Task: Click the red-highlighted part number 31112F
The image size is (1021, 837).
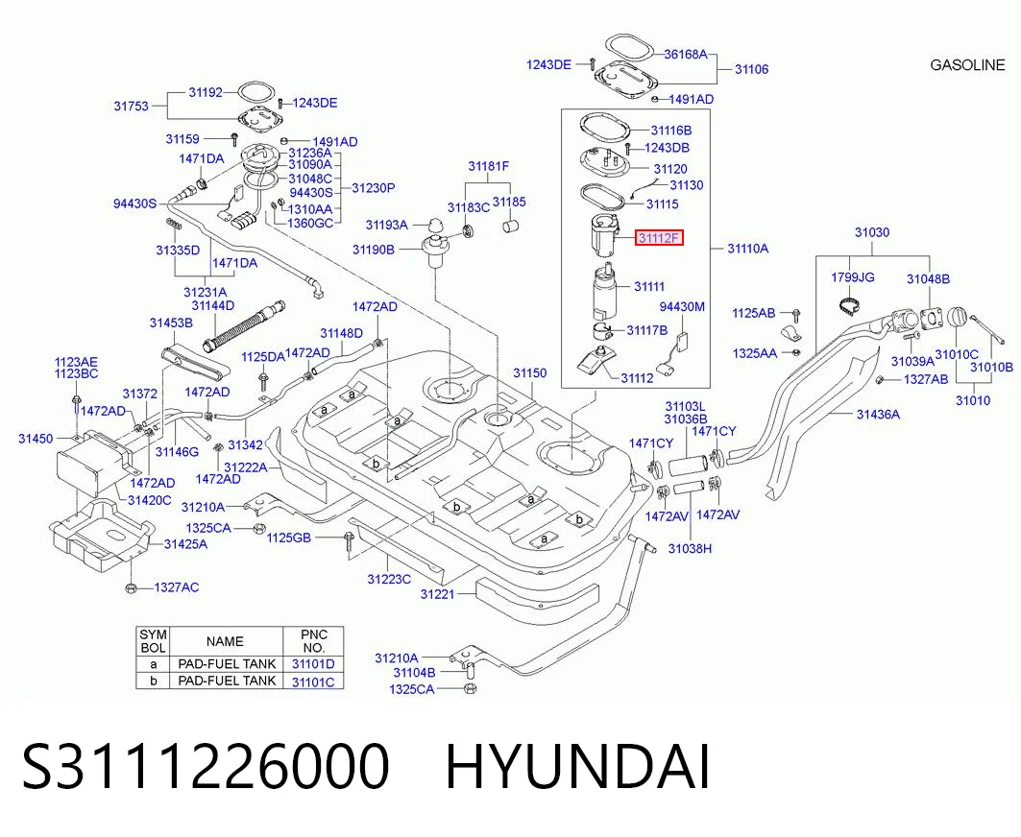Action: (659, 238)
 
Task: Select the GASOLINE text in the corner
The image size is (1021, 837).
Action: (967, 65)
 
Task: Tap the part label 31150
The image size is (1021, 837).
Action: (529, 373)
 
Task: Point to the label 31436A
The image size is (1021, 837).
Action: (878, 414)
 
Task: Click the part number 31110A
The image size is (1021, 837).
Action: (747, 248)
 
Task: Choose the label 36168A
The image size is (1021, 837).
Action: (685, 54)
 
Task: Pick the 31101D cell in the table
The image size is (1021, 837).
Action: (312, 664)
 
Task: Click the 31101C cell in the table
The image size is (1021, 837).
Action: (312, 682)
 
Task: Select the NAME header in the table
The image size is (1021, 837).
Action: (225, 641)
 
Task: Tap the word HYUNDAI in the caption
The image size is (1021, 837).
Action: (577, 767)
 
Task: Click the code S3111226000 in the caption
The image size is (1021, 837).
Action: (206, 767)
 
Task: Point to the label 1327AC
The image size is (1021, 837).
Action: (177, 587)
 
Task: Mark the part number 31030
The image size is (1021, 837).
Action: (872, 232)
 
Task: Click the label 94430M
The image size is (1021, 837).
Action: (682, 306)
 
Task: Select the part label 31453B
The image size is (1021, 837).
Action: (171, 323)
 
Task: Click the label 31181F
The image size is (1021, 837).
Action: (488, 167)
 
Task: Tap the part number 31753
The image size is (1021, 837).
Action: (131, 106)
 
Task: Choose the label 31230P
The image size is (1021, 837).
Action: (373, 188)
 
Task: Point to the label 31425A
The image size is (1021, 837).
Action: (185, 544)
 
